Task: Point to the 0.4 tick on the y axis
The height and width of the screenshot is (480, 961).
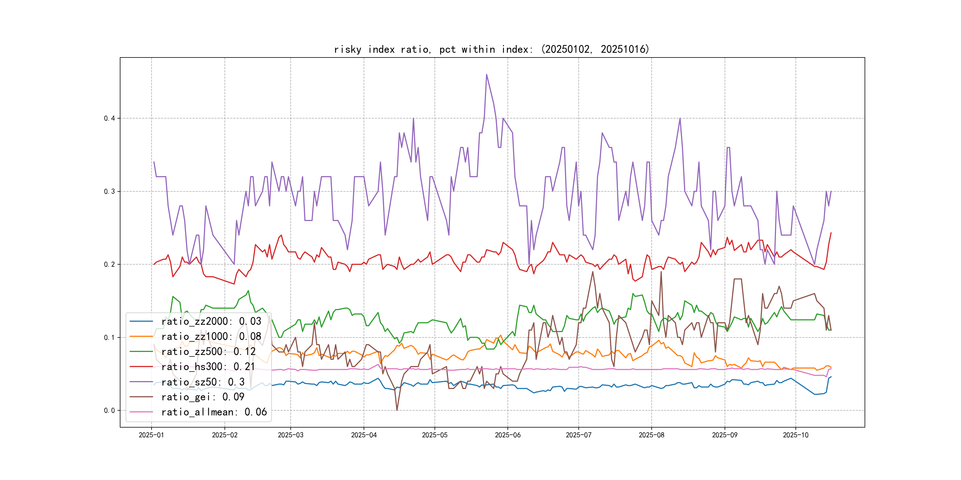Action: tap(109, 119)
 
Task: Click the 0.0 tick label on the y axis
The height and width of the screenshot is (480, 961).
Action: tap(109, 411)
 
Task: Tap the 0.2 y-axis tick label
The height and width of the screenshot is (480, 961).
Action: tap(109, 265)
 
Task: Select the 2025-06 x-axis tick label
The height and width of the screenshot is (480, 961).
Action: tap(507, 435)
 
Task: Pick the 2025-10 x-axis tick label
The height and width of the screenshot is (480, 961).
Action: tap(795, 435)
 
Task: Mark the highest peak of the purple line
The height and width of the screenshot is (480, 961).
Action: tap(486, 75)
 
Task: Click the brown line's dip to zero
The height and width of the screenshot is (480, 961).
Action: tap(397, 410)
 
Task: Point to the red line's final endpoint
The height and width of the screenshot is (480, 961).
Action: tap(831, 233)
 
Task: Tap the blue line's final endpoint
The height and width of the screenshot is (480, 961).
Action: tap(831, 377)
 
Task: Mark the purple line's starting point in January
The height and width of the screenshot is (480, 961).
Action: tap(154, 162)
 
